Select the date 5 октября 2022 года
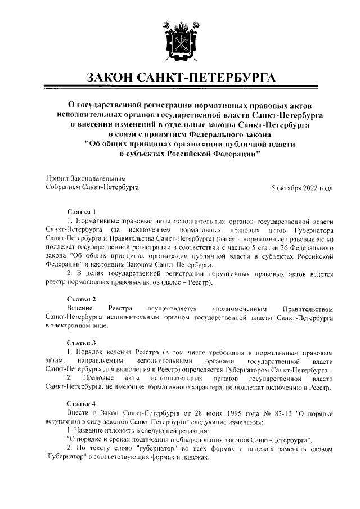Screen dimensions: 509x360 coord(302,188)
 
